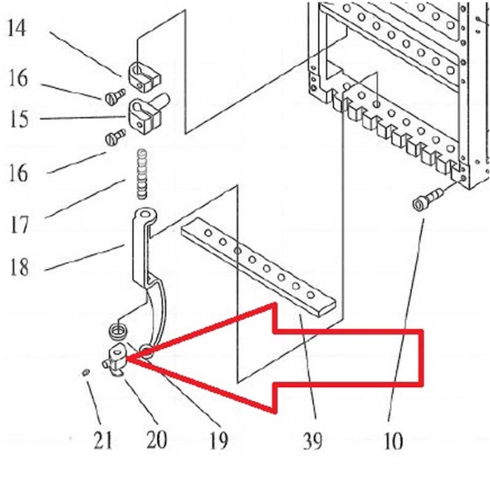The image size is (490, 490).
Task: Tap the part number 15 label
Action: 19,118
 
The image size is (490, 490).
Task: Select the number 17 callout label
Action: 19,225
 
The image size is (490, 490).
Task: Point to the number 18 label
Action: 19,267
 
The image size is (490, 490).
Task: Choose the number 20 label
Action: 156,440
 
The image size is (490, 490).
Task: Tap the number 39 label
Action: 313,441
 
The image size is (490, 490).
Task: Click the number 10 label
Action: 393,441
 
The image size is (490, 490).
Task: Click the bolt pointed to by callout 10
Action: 424,199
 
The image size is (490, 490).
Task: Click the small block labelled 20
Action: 116,357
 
